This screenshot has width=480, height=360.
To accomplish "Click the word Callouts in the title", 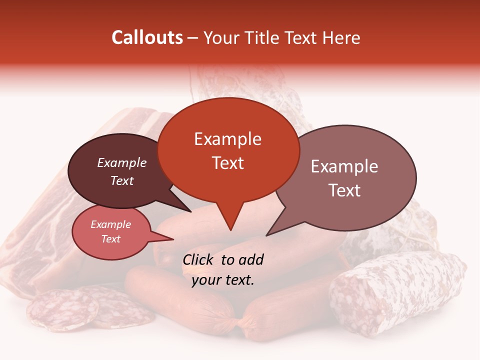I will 147,37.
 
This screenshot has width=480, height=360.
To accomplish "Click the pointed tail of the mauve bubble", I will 268,234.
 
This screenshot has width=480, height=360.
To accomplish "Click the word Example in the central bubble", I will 227,139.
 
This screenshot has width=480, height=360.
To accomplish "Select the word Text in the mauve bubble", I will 344,190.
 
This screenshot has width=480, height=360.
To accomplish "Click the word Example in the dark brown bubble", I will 122,163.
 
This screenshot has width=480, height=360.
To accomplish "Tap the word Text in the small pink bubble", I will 111,239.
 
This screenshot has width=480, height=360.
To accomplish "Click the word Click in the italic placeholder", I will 198,259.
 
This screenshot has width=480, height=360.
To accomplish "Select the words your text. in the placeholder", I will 223,280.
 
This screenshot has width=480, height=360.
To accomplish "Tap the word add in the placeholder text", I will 251,259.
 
